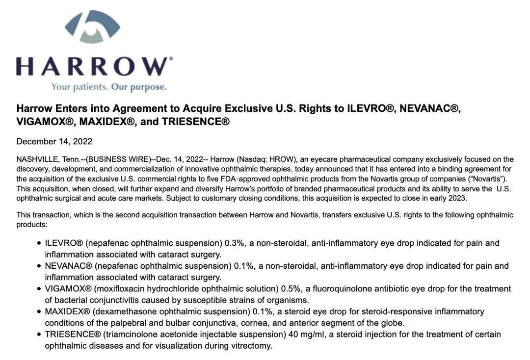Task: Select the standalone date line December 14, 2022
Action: (54, 141)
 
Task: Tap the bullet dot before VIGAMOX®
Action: (39, 289)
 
